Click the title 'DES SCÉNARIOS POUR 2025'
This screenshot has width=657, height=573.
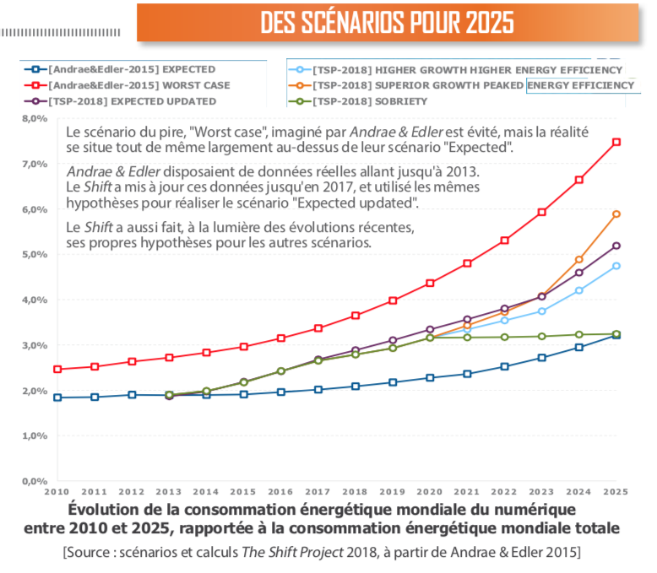387,23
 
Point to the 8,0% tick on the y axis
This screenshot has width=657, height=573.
33,119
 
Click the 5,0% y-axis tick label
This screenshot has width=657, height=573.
33,255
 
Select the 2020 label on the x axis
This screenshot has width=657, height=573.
431,491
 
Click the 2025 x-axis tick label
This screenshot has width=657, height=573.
616,491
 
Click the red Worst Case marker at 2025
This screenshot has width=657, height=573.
616,142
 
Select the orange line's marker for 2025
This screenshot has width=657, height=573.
616,214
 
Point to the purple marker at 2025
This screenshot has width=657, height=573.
616,246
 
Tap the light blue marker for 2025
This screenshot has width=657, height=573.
616,266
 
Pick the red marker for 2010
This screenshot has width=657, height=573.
57,369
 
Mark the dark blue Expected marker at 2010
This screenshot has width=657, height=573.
57,397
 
